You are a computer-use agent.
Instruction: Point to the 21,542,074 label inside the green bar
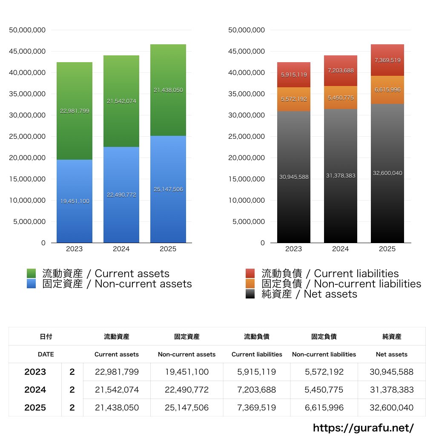tap(121, 101)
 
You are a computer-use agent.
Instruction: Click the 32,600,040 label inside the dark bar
tap(387, 173)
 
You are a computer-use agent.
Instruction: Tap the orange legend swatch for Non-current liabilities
tap(250, 284)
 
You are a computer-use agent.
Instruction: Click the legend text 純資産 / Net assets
tap(309, 294)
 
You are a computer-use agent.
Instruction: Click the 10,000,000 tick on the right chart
tap(247, 200)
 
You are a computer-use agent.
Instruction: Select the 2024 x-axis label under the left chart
tap(121, 249)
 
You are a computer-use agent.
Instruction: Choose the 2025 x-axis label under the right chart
tap(387, 249)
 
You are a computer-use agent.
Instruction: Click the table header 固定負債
tap(324, 336)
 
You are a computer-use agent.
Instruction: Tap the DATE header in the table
tap(46, 354)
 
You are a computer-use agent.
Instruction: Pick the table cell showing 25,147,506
tap(187, 407)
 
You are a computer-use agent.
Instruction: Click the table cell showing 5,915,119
tap(257, 372)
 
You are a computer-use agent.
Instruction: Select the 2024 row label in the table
tap(35, 390)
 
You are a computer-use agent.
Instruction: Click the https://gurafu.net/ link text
tap(364, 427)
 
